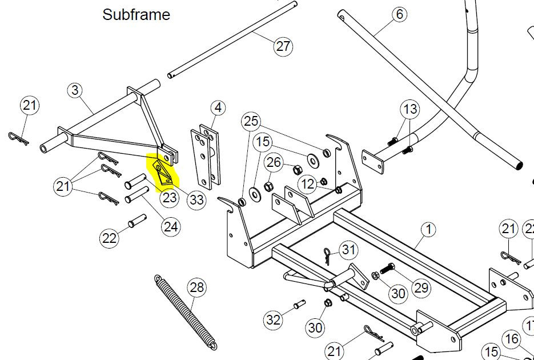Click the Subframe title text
[136, 15]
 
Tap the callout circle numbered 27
[283, 46]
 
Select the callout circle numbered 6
[399, 14]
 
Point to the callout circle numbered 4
[218, 107]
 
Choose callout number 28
[196, 287]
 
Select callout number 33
[196, 199]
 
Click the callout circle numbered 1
[428, 230]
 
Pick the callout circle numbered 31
[348, 250]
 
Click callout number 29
[420, 287]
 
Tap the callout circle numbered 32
[274, 319]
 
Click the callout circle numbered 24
[170, 226]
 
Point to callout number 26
[274, 163]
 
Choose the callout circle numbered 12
[308, 183]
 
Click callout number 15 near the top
[263, 142]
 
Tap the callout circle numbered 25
[251, 121]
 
